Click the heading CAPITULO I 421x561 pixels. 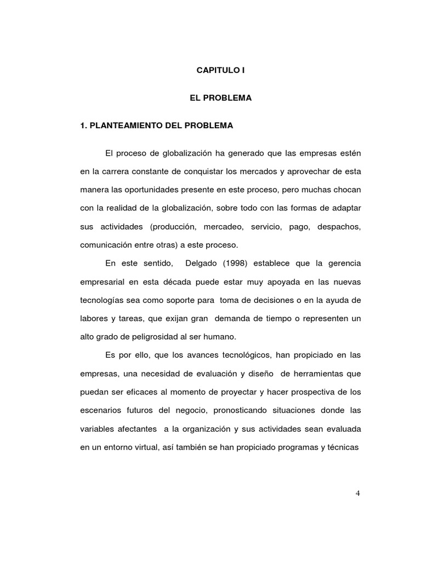pos(217,71)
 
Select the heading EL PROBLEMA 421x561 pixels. pos(220,98)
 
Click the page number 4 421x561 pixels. pos(357,493)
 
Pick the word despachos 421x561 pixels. pos(338,226)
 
